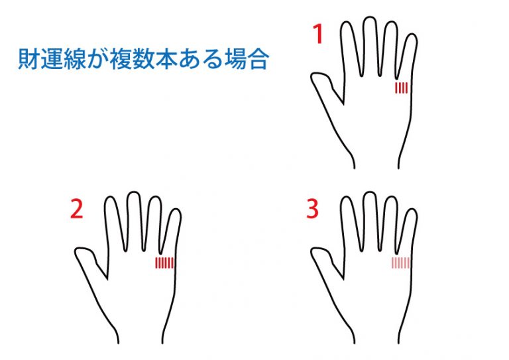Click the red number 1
click(x=318, y=34)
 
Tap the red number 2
click(x=77, y=209)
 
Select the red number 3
click(x=313, y=209)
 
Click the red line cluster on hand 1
click(x=401, y=88)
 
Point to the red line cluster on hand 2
click(x=164, y=263)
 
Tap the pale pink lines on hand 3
click(x=400, y=263)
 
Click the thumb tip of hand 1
click(x=313, y=77)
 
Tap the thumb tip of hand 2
click(x=78, y=252)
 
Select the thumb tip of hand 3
click(x=313, y=252)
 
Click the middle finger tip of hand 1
click(x=369, y=17)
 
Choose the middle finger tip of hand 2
click(x=133, y=192)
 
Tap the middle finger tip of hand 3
click(x=369, y=192)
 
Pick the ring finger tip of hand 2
click(x=155, y=197)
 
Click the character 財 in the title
click(x=29, y=59)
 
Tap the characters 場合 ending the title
click(x=247, y=59)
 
